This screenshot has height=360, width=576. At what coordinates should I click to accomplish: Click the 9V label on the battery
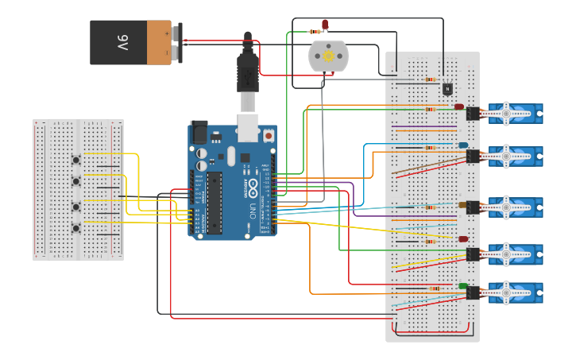click(x=123, y=42)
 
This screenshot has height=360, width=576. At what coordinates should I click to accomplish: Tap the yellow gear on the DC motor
click(x=327, y=56)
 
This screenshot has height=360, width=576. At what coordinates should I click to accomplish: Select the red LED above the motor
click(x=325, y=25)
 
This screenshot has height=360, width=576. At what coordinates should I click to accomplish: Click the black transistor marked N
click(x=446, y=88)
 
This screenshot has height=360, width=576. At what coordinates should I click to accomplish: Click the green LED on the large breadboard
click(x=462, y=286)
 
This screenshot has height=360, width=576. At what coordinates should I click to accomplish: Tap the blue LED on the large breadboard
click(x=462, y=145)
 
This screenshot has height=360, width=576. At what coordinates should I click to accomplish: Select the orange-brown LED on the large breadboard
click(x=462, y=206)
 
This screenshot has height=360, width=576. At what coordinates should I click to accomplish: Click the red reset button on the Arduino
click(x=269, y=136)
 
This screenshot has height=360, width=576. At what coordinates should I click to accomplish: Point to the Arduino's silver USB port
click(x=248, y=123)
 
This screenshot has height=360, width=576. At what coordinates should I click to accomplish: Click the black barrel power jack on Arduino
click(x=198, y=132)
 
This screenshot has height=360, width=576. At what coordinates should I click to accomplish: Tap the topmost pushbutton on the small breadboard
click(x=76, y=158)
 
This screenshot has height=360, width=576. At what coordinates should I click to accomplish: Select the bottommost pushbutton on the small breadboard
click(x=76, y=229)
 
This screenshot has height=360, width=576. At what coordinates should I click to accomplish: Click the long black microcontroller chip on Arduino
click(x=215, y=202)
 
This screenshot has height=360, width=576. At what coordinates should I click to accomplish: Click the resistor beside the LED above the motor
click(x=314, y=31)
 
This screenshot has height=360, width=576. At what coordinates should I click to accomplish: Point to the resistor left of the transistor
click(x=430, y=79)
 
